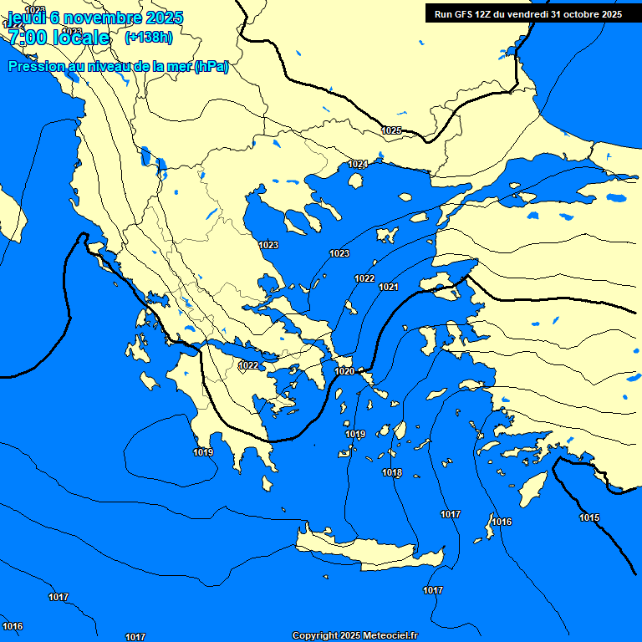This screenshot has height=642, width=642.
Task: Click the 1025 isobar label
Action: tap(391, 130)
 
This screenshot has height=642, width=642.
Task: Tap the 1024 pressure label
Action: tap(358, 164)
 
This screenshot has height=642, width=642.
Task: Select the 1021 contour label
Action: tap(388, 287)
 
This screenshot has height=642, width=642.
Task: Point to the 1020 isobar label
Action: tap(344, 371)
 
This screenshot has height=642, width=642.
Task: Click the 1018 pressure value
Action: tap(392, 473)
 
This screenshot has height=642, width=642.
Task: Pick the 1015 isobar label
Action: tap(589, 517)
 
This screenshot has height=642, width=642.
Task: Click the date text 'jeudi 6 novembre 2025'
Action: tap(95, 18)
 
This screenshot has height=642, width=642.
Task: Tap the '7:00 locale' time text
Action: tap(59, 38)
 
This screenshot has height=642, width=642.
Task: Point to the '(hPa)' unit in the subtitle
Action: tap(211, 67)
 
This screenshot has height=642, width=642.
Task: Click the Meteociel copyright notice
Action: tap(354, 636)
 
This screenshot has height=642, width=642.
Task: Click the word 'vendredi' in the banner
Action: tap(522, 14)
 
